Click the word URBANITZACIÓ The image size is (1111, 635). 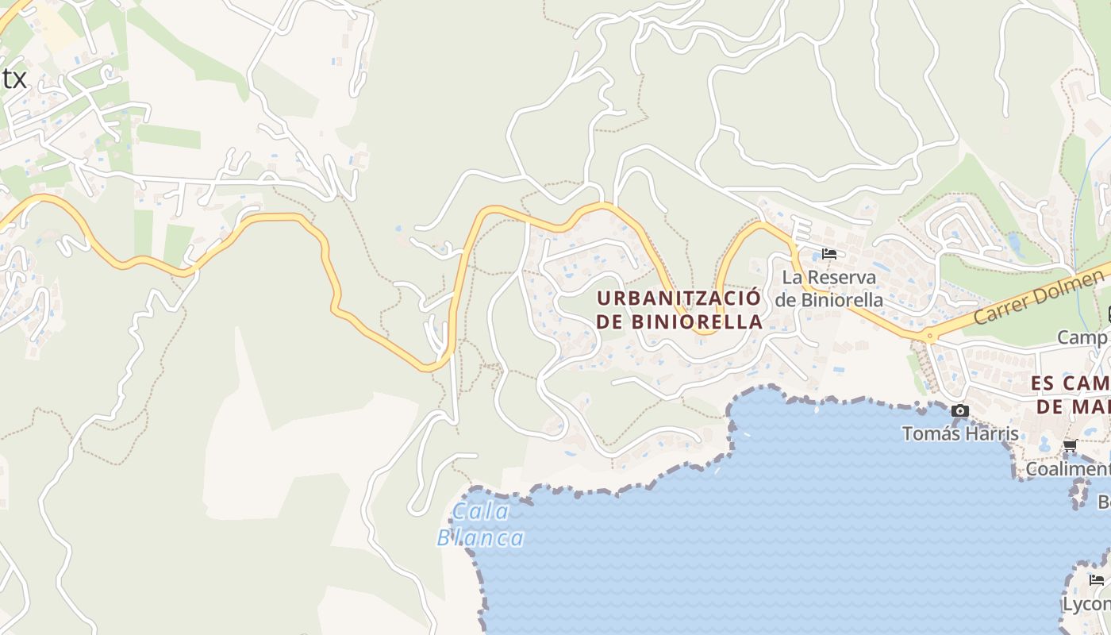coord(679,298)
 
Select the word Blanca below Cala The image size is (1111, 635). coord(481,538)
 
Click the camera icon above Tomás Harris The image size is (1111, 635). coord(960,410)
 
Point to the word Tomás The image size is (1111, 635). coord(930,433)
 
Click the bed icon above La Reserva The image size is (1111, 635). coord(829,254)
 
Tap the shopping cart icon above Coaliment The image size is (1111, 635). coord(1070,445)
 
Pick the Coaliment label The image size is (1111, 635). coord(1067,469)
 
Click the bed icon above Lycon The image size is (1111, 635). coord(1097,580)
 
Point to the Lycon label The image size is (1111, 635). coord(1086,604)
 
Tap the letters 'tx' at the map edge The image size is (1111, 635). coord(13,79)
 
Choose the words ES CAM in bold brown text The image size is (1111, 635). coord(1071,383)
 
